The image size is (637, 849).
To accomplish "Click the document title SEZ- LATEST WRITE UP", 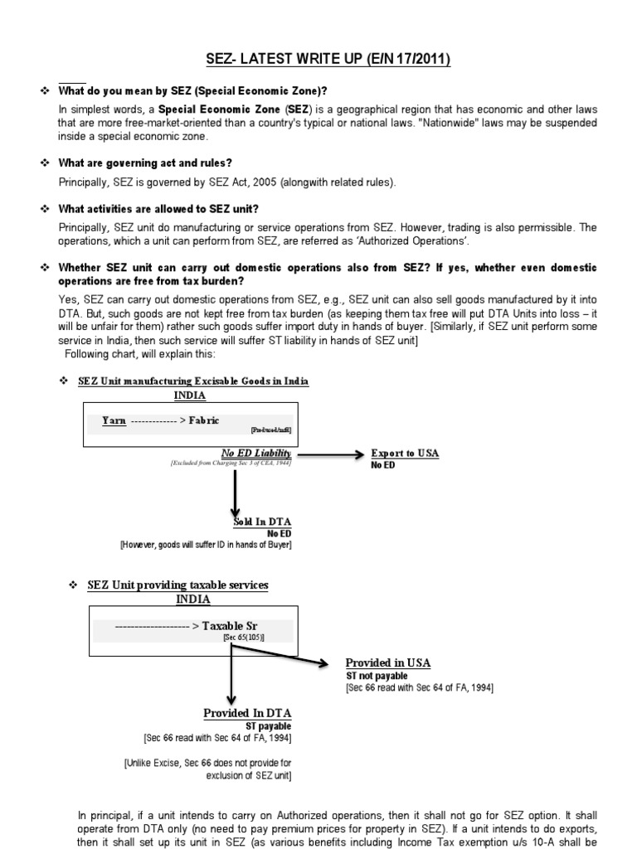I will pyautogui.click(x=328, y=61).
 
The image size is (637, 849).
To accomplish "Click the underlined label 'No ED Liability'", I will pyautogui.click(x=255, y=453).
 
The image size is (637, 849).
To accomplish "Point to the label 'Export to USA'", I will pyautogui.click(x=405, y=454).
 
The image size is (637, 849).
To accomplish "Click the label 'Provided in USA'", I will pyautogui.click(x=388, y=663).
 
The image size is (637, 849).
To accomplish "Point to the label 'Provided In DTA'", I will pyautogui.click(x=247, y=713).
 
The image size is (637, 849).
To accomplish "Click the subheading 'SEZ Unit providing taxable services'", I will pyautogui.click(x=177, y=585).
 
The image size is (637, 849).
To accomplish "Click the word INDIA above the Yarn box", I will pyautogui.click(x=190, y=395).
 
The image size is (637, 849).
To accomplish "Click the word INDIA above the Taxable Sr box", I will pyautogui.click(x=192, y=599).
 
